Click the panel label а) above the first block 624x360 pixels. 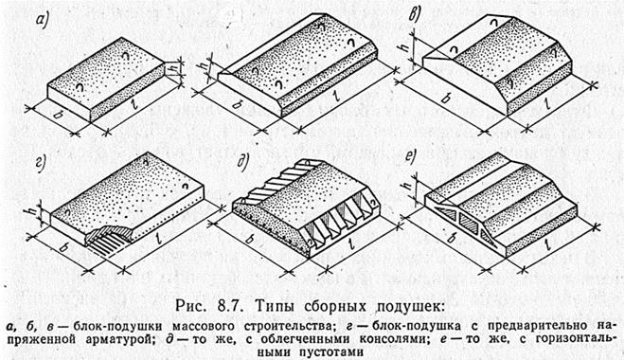(41, 21)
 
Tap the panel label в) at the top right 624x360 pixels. (416, 15)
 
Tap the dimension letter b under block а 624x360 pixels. (58, 115)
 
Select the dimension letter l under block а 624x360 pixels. (134, 104)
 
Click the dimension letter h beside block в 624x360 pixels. (405, 46)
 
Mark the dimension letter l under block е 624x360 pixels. (549, 243)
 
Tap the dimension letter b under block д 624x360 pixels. (250, 239)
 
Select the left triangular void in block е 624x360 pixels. (446, 213)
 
